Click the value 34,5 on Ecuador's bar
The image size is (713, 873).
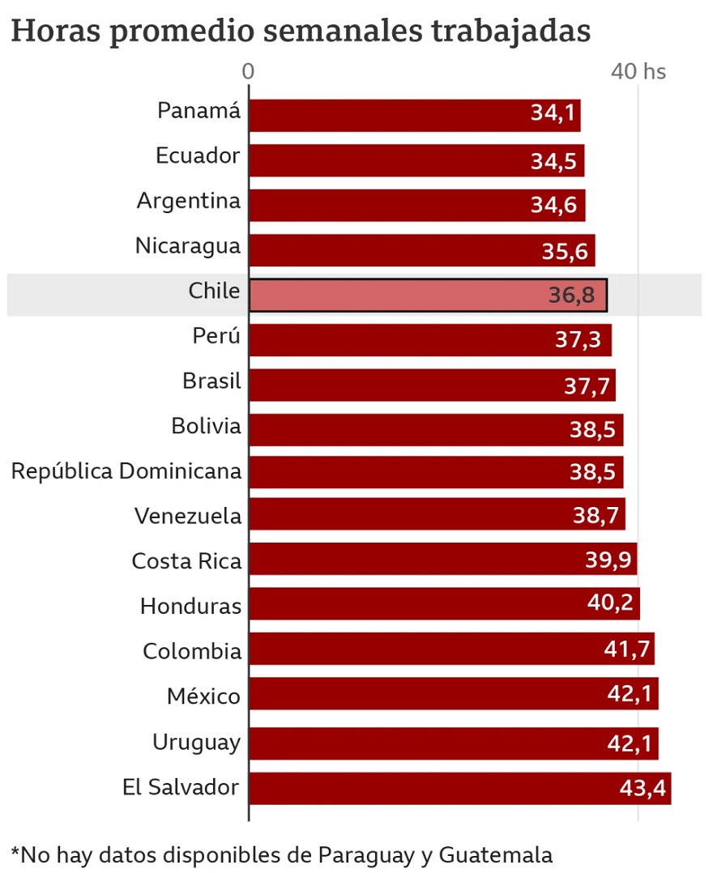point(553,160)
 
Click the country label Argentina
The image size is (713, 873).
point(189,201)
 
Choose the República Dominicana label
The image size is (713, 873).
point(126,471)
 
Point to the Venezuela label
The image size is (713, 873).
point(188,515)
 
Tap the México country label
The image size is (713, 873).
point(204,696)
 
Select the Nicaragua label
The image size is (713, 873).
point(188,245)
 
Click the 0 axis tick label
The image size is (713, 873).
point(249,71)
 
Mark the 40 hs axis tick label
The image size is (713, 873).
point(638,71)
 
